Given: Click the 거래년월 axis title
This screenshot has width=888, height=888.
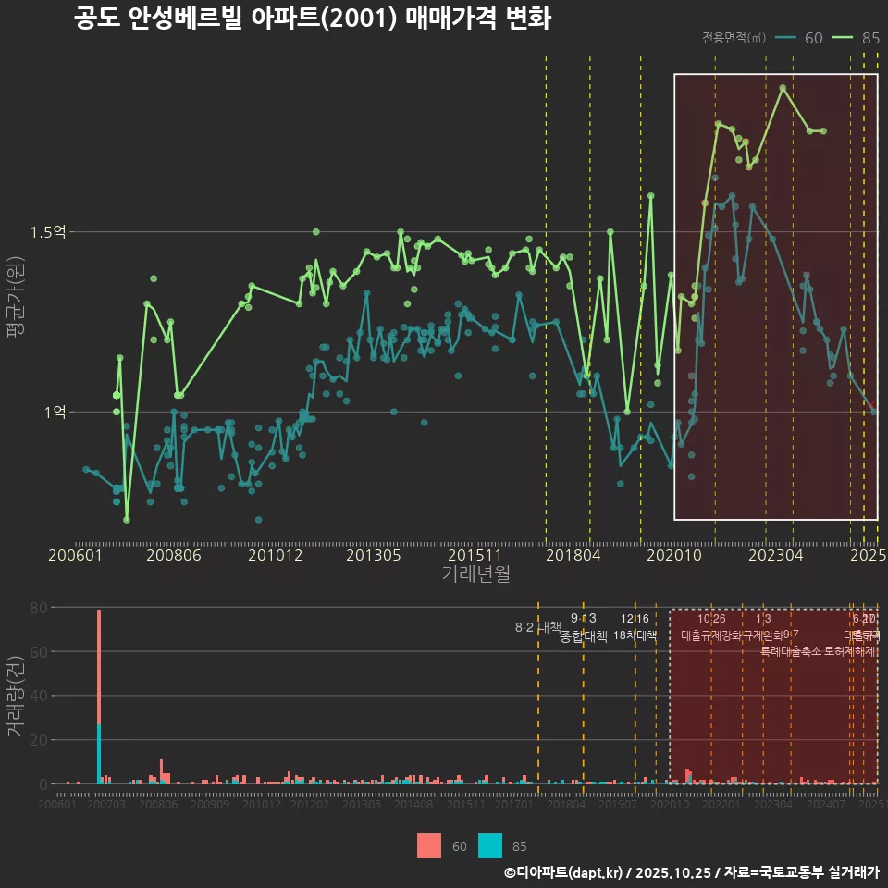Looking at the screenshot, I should coord(475,574).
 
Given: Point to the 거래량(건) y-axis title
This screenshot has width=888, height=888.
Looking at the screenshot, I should coord(16,697).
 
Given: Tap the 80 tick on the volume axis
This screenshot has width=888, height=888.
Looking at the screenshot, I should coord(39,608).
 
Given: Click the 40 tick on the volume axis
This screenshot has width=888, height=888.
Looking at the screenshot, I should coord(39,696).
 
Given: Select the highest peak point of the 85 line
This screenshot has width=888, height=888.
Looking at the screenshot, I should coord(783,88).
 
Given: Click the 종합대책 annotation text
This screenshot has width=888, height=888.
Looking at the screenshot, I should coord(584,636).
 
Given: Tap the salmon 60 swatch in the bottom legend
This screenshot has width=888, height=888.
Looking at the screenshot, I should coord(429,845).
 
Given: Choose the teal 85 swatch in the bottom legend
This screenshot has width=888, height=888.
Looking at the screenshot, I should coord(490,845).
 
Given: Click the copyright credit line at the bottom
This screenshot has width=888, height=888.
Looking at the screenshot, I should coord(691,872).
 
